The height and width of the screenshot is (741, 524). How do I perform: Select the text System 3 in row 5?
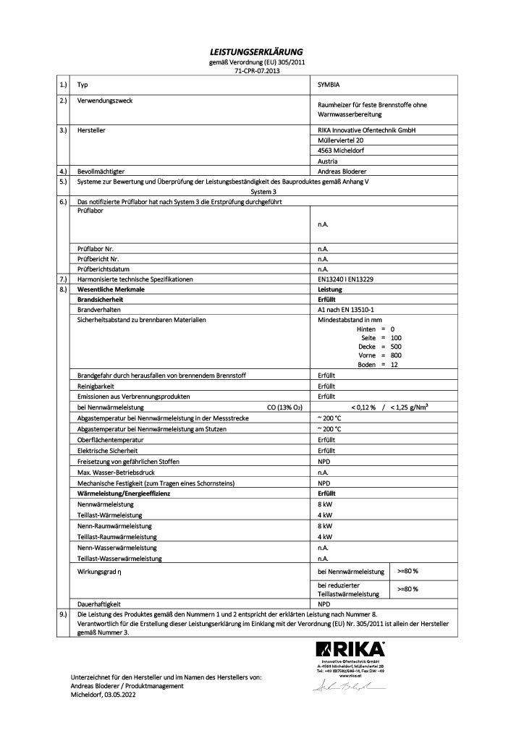[x=262, y=192]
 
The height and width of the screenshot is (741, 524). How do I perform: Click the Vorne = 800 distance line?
[x=380, y=355]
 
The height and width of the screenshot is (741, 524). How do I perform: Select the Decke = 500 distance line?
[x=380, y=347]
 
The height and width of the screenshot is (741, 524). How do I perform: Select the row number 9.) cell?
[x=63, y=614]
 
